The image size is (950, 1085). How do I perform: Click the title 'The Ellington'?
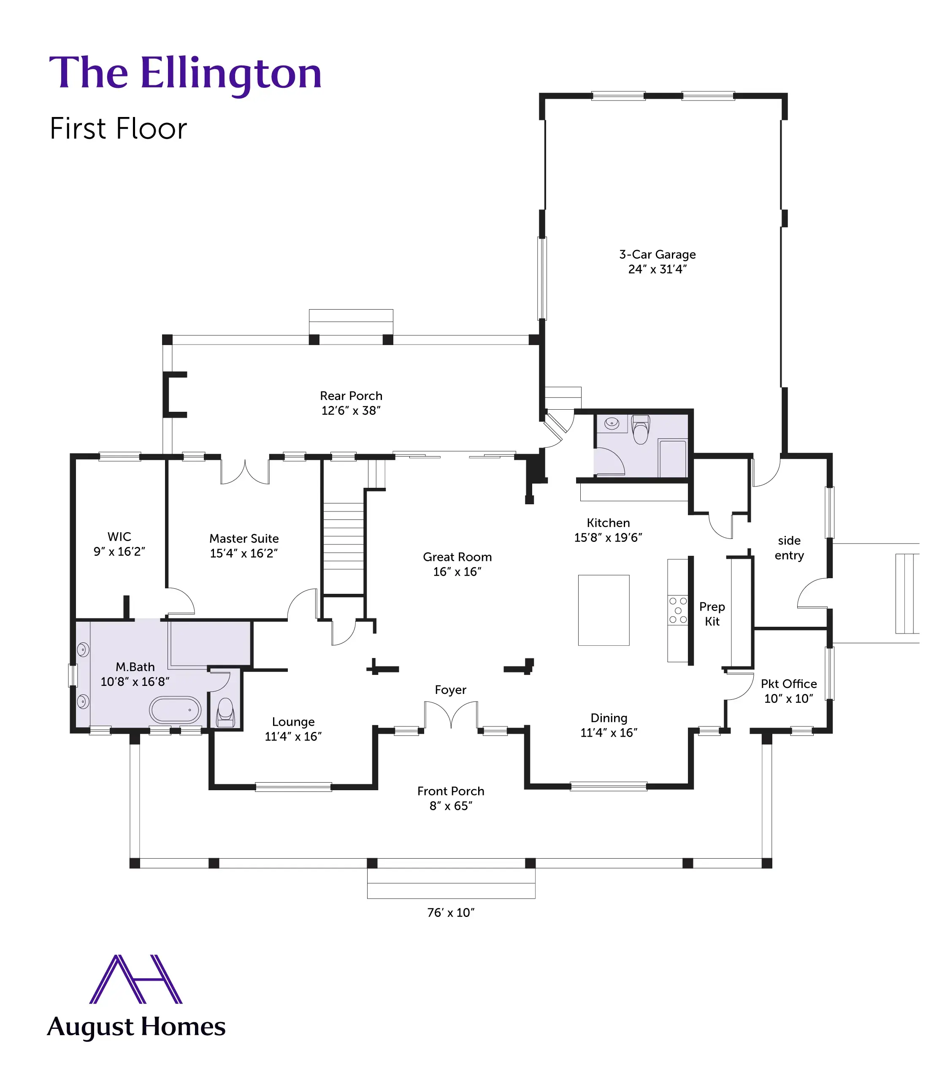[x=186, y=74]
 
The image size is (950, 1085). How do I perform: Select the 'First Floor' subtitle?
[x=118, y=129]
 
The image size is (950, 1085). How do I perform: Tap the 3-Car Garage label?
[x=658, y=255]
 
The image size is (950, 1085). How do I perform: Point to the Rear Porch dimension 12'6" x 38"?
[x=351, y=411]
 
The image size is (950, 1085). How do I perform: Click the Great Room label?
[x=457, y=557]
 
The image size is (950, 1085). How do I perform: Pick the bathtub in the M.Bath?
[x=175, y=710]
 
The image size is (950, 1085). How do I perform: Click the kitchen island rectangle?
[x=603, y=610]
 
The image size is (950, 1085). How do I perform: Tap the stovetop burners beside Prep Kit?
[x=677, y=610]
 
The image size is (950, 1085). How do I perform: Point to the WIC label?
[x=119, y=536]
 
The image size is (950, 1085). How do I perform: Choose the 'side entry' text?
[x=789, y=548]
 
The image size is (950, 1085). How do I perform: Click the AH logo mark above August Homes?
[x=136, y=979]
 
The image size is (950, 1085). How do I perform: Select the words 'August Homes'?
[x=136, y=1028]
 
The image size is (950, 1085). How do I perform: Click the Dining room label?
[x=609, y=718]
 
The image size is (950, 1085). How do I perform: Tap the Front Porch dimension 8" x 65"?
[x=451, y=806]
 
